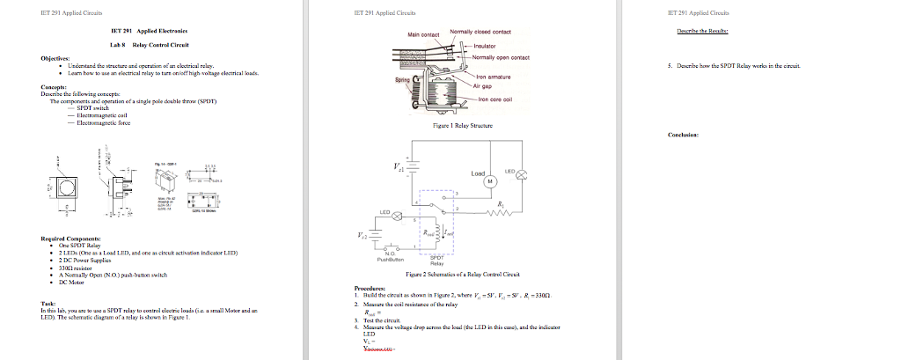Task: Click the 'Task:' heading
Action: tap(49, 303)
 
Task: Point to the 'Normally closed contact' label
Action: tap(474, 32)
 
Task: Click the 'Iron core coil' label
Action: tap(495, 99)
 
